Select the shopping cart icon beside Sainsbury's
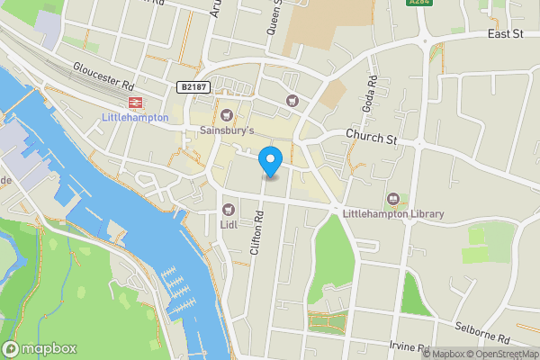(x=227, y=113)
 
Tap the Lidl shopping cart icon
(x=228, y=209)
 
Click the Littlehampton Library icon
(x=392, y=198)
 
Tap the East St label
(x=505, y=33)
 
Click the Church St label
(x=372, y=139)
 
